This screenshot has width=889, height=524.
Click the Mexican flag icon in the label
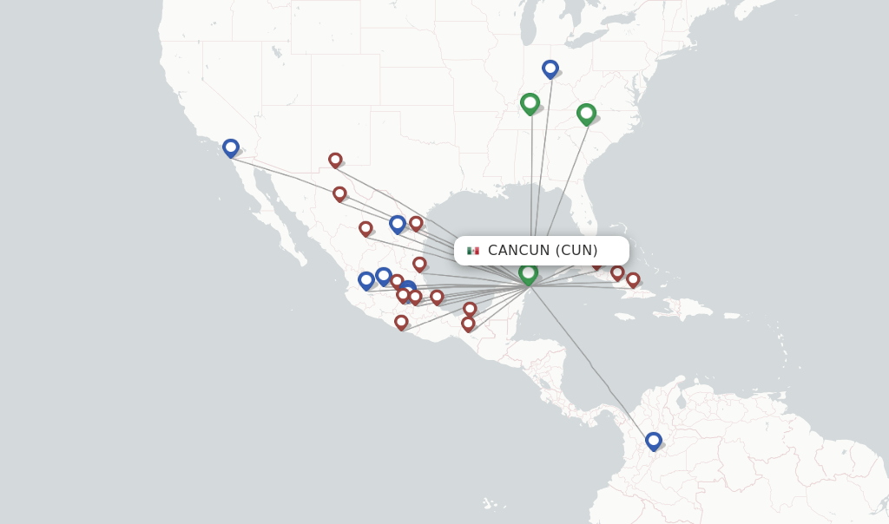point(473,251)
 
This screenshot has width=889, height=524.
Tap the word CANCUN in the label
point(518,251)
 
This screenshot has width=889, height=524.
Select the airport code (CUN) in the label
point(576,251)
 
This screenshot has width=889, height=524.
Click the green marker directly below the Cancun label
point(528,274)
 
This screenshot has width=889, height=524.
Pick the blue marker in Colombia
point(654,442)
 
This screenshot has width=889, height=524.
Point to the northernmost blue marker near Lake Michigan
point(550,69)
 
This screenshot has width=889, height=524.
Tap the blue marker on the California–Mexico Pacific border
point(230,148)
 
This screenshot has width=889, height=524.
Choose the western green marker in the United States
point(530,103)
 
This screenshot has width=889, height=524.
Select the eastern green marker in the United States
point(586,114)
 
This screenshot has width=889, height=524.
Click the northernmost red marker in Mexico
point(335,160)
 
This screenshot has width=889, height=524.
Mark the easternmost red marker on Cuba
point(633,280)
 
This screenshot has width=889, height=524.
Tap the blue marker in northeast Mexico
point(398,225)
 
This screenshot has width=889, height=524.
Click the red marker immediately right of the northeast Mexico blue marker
point(416,224)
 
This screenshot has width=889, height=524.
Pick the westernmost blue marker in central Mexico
point(365,281)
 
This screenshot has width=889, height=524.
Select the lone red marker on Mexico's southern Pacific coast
point(401,323)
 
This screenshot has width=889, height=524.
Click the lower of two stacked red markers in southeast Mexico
point(468,324)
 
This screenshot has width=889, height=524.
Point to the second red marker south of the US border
point(339,194)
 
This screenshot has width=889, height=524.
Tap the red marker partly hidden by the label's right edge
point(597,264)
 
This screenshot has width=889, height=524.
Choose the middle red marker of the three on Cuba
point(617,273)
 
